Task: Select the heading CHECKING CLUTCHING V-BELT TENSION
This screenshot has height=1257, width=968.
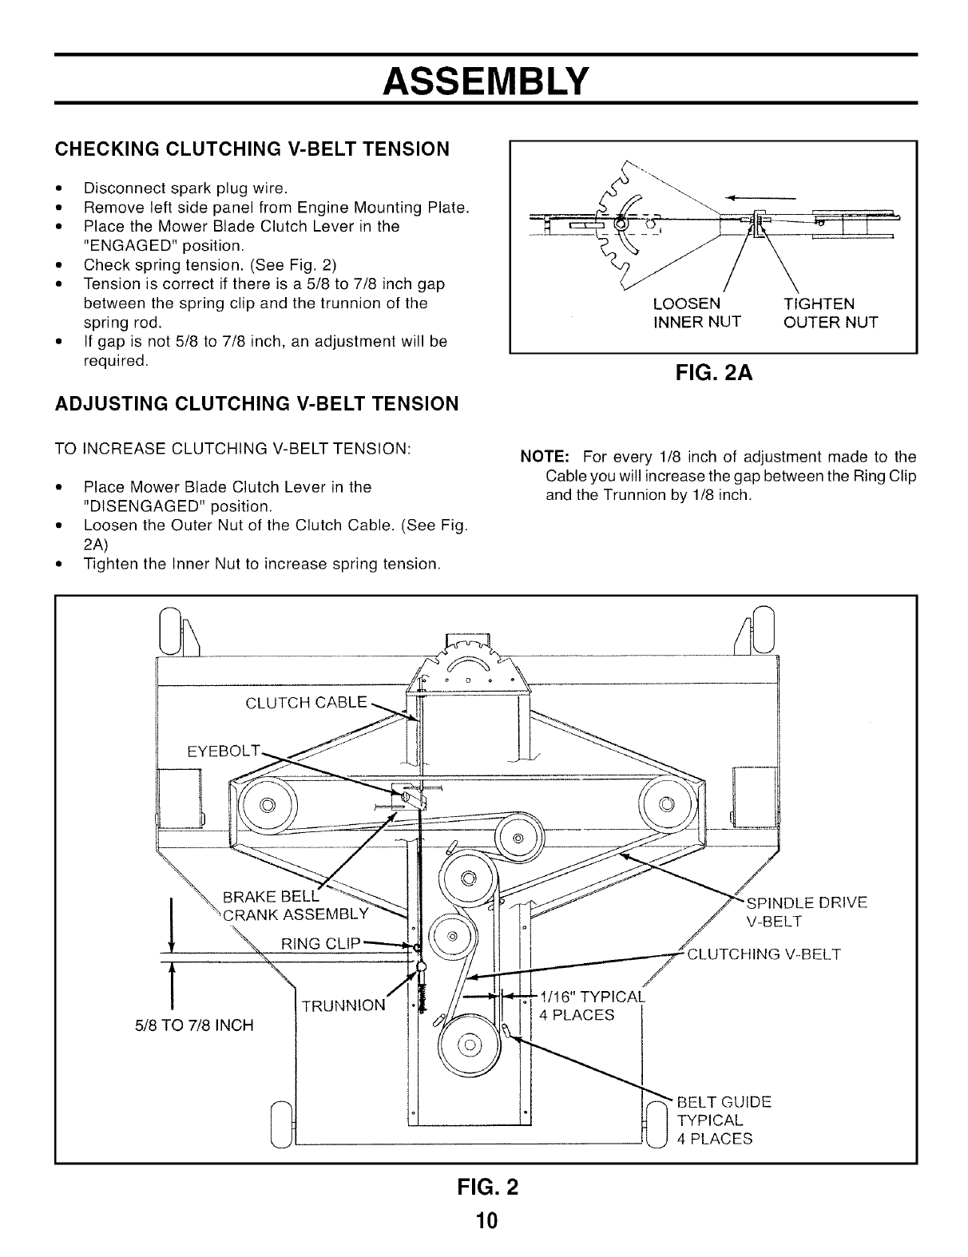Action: (x=252, y=149)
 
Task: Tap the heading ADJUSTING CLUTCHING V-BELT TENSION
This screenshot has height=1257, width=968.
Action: (x=256, y=403)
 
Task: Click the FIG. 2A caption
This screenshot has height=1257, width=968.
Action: (x=713, y=374)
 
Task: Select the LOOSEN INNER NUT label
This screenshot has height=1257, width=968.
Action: (x=696, y=313)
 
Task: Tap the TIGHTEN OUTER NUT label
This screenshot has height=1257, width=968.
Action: (x=830, y=313)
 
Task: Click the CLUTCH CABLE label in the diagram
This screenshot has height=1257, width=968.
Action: (x=306, y=703)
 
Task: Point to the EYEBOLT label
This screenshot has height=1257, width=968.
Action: (x=224, y=751)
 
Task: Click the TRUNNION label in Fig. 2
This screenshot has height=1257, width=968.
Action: (x=344, y=1005)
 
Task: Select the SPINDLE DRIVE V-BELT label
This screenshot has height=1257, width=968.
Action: (x=804, y=912)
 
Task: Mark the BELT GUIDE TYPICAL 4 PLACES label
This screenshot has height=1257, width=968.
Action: (x=723, y=1120)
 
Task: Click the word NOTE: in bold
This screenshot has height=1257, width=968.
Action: (x=544, y=458)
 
